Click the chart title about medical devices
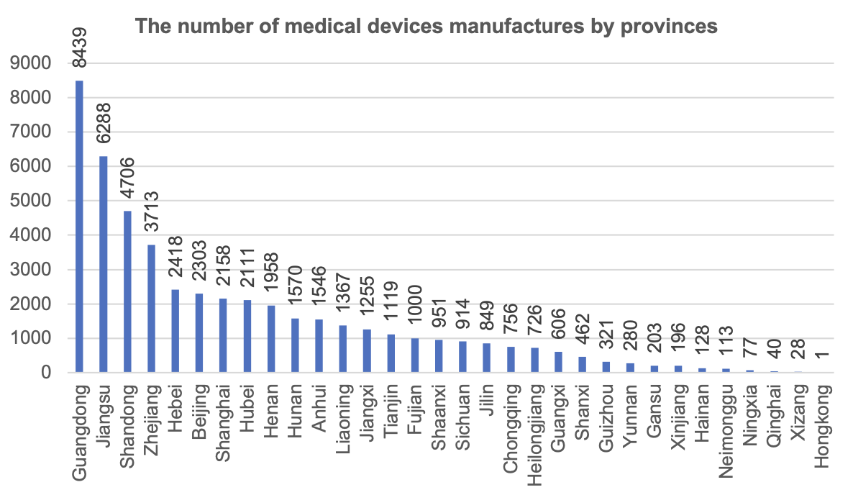tap(426, 27)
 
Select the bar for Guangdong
tap(79, 227)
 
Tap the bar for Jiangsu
tap(104, 264)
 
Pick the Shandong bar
tap(127, 291)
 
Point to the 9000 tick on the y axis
tap(32, 63)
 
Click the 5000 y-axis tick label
tap(32, 201)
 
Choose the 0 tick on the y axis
tap(45, 373)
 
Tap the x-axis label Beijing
tap(199, 411)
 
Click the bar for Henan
tap(271, 339)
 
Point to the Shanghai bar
tap(223, 335)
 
